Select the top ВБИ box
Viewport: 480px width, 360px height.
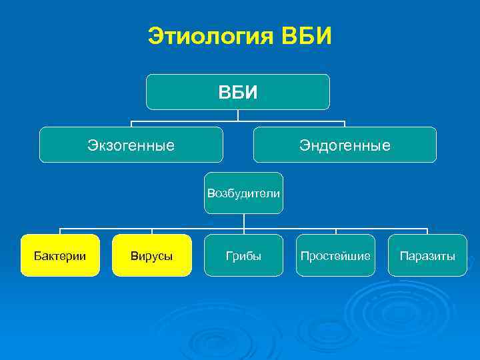coord(238,91)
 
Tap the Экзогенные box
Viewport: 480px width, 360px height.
coord(131,145)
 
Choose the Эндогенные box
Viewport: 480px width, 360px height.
coord(345,145)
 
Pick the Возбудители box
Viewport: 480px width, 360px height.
coord(243,193)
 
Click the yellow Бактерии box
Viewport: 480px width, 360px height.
coord(60,255)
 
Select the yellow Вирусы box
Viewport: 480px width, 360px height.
coord(152,255)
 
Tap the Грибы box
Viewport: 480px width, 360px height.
coord(243,255)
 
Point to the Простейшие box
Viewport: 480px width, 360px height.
coord(335,255)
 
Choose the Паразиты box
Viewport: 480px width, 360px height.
coord(427,255)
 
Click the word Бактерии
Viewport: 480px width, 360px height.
coord(60,255)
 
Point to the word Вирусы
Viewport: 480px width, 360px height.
coord(152,255)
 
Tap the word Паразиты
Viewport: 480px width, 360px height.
coord(427,255)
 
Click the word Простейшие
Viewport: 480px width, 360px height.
coord(335,255)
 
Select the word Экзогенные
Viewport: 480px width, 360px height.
coord(131,145)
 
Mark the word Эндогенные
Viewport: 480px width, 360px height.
coord(345,145)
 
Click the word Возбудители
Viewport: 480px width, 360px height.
coord(243,193)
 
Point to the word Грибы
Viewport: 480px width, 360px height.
coord(243,255)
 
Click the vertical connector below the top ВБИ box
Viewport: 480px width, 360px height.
coord(238,115)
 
